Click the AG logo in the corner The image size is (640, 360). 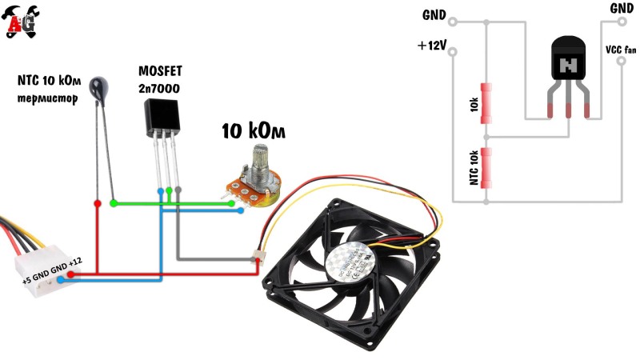coord(22,22)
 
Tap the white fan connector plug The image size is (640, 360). coord(258,258)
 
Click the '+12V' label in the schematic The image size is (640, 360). coord(431,46)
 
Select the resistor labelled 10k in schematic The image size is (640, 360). coord(485,104)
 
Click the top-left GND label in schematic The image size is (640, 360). coord(434,14)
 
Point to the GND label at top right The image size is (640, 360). coord(621,9)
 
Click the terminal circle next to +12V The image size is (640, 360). coord(454,53)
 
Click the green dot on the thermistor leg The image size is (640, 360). coord(113,203)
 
